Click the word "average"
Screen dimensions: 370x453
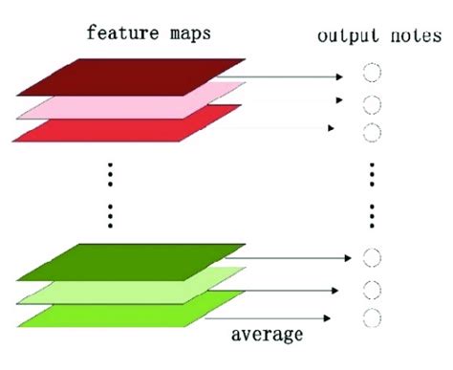pos(267,335)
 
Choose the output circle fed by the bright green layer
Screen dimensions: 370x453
pos(373,316)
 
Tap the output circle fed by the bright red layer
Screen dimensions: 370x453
pos(373,129)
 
